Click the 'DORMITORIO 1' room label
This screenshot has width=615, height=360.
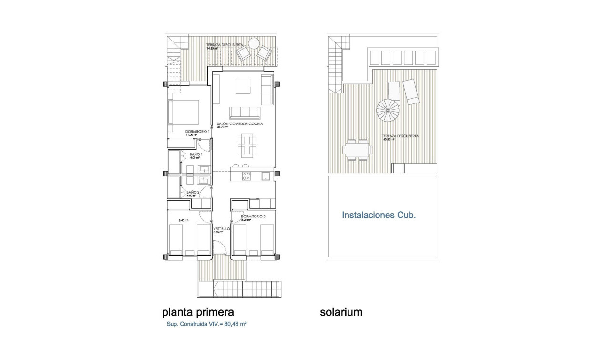[196, 131]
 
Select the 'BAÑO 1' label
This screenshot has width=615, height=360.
[196, 154]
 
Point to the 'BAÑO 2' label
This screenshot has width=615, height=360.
[193, 193]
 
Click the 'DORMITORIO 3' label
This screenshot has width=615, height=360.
[253, 216]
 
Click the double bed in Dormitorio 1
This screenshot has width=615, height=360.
[184, 112]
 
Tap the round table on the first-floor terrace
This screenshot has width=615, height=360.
[254, 43]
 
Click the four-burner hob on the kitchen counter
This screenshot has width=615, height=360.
[246, 176]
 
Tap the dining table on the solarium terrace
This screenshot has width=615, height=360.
[357, 150]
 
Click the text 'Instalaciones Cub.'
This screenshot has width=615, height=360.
[379, 215]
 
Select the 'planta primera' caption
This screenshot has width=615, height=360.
[198, 312]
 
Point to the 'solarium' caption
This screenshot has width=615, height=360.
[341, 312]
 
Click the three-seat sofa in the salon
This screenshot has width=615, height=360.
[245, 113]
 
